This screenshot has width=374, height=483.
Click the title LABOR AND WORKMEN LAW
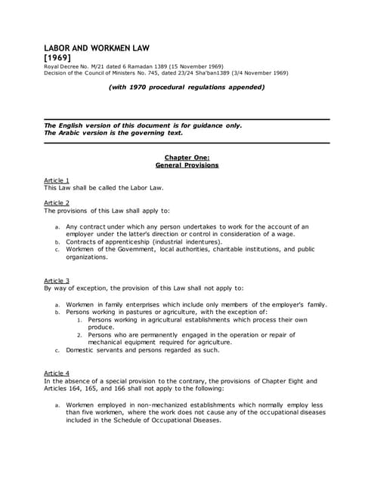97,48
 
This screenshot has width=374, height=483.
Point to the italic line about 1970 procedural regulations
187,87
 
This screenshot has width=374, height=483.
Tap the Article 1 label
57,180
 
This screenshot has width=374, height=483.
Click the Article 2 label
57,203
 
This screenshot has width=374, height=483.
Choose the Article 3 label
57,280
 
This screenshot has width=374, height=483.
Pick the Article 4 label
57,373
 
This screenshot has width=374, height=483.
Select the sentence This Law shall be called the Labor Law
104,187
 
